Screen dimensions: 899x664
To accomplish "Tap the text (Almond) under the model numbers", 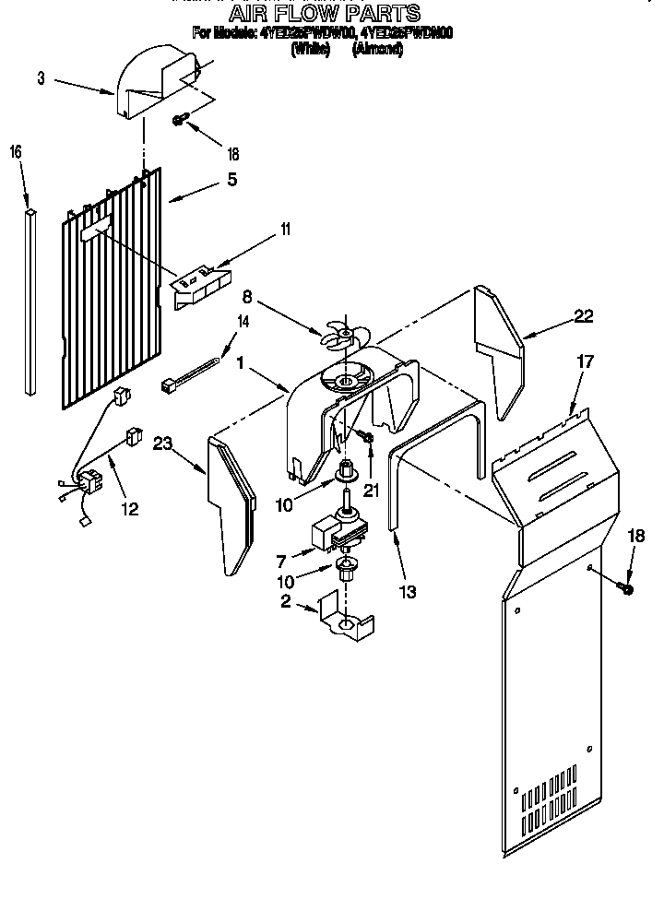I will [x=376, y=50].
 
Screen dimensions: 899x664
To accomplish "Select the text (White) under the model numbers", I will [x=310, y=50].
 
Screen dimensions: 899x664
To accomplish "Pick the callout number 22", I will [x=583, y=316].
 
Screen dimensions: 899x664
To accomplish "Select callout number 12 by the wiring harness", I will [x=130, y=508].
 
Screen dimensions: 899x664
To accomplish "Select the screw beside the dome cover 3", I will [x=181, y=119].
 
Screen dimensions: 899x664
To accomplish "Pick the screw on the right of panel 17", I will [x=627, y=586].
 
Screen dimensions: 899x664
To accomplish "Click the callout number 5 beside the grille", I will [x=231, y=179].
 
